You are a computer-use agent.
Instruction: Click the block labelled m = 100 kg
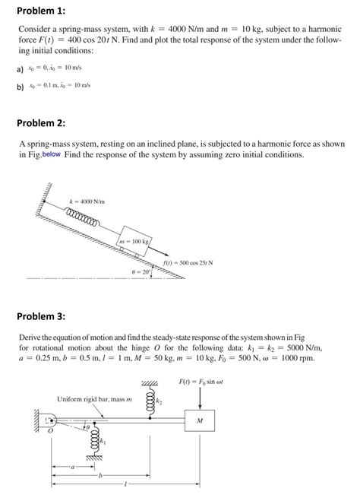tap(137, 243)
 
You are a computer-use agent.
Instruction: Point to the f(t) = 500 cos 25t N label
tap(188, 263)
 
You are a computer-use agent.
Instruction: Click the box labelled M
tap(199, 420)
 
